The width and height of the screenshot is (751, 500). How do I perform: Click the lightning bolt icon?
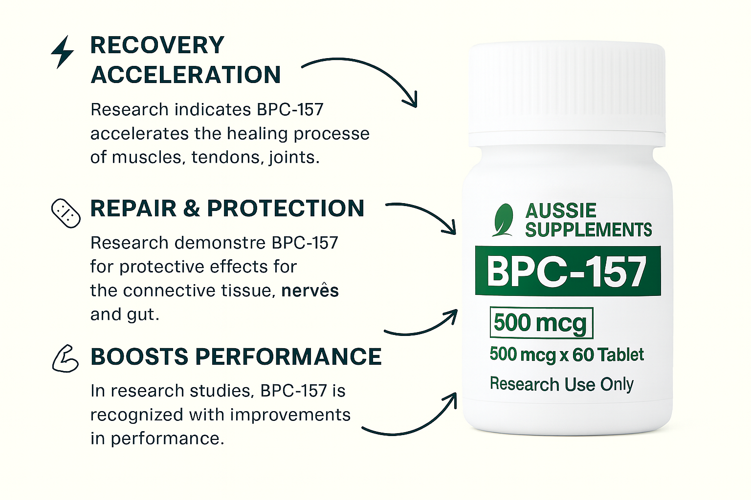pos(63,52)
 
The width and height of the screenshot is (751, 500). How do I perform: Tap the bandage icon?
pos(66,214)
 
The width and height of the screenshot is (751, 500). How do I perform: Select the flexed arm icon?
pos(66,359)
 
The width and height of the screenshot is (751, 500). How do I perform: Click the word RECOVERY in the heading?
pos(157,45)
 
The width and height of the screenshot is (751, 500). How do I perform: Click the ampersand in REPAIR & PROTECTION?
pos(192,208)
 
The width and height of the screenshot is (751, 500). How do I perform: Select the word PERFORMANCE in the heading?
pos(288,356)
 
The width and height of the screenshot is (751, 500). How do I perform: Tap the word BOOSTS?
pos(139,356)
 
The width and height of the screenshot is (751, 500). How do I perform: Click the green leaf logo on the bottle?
pos(503,220)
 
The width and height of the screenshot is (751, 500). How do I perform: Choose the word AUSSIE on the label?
pos(561,210)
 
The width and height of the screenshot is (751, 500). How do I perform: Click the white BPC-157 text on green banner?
pos(566,271)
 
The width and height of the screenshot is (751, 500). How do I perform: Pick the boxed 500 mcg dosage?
pos(541,323)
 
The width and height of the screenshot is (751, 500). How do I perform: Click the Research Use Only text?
pos(562,384)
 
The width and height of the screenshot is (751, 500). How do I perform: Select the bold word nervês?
pos(310,290)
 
